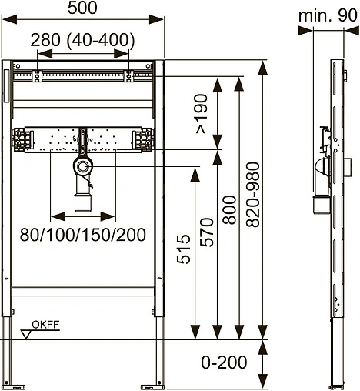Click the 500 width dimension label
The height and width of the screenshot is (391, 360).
[x=82, y=8]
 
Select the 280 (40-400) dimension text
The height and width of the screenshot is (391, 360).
[x=82, y=40]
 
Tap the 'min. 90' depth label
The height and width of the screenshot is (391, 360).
[x=328, y=15]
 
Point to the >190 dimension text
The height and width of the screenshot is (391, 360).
[x=202, y=114]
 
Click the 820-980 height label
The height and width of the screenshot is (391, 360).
[x=253, y=195]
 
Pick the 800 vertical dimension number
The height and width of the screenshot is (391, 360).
[x=229, y=210]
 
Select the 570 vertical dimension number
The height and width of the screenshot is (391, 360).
[x=207, y=232]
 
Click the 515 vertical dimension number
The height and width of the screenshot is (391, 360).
[x=184, y=249]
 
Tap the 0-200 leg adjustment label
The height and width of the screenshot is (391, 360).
[x=224, y=363]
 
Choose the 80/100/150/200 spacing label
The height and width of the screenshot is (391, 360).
[x=83, y=235]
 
